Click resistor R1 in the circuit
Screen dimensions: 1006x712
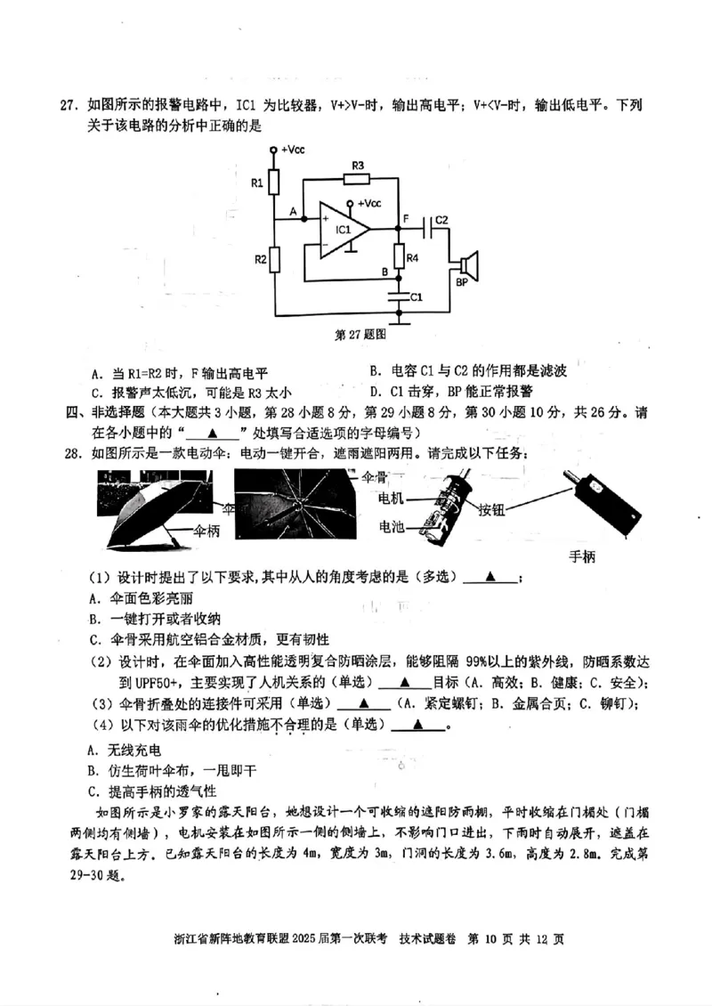pos(275,183)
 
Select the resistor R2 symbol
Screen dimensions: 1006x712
pos(275,260)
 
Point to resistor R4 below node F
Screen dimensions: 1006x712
pos(399,257)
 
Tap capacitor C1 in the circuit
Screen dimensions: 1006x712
pos(399,295)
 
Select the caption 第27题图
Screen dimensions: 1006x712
pos(360,337)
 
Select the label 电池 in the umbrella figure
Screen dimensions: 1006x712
pos(392,527)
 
